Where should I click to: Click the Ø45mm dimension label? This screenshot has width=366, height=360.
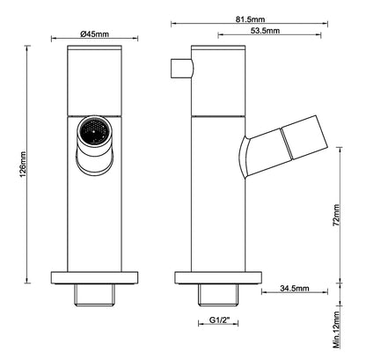[x=94, y=33]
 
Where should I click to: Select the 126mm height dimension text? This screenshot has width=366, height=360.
[x=23, y=165]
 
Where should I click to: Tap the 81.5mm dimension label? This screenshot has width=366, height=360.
[x=250, y=19]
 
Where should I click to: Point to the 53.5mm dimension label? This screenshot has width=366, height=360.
[x=265, y=30]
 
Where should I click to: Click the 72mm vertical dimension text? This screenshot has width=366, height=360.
[x=336, y=215]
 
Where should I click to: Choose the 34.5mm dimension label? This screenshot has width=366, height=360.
[x=295, y=288]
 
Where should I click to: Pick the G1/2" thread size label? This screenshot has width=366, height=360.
[x=219, y=320]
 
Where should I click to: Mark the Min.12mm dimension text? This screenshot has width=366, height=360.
[x=337, y=330]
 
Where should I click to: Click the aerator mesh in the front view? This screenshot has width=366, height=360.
[x=94, y=131]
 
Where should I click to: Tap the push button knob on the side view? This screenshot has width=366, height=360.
[x=182, y=69]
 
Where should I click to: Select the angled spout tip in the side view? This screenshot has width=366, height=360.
[x=305, y=137]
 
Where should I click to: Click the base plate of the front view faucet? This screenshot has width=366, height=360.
[x=94, y=277]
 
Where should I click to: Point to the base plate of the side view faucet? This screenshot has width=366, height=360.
[x=218, y=277]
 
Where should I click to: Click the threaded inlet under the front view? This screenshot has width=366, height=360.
[x=94, y=295]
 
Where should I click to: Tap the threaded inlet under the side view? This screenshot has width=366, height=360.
[x=218, y=295]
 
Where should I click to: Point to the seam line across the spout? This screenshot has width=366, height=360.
[x=287, y=143]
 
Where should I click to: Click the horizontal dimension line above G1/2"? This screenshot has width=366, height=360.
[x=218, y=324]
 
